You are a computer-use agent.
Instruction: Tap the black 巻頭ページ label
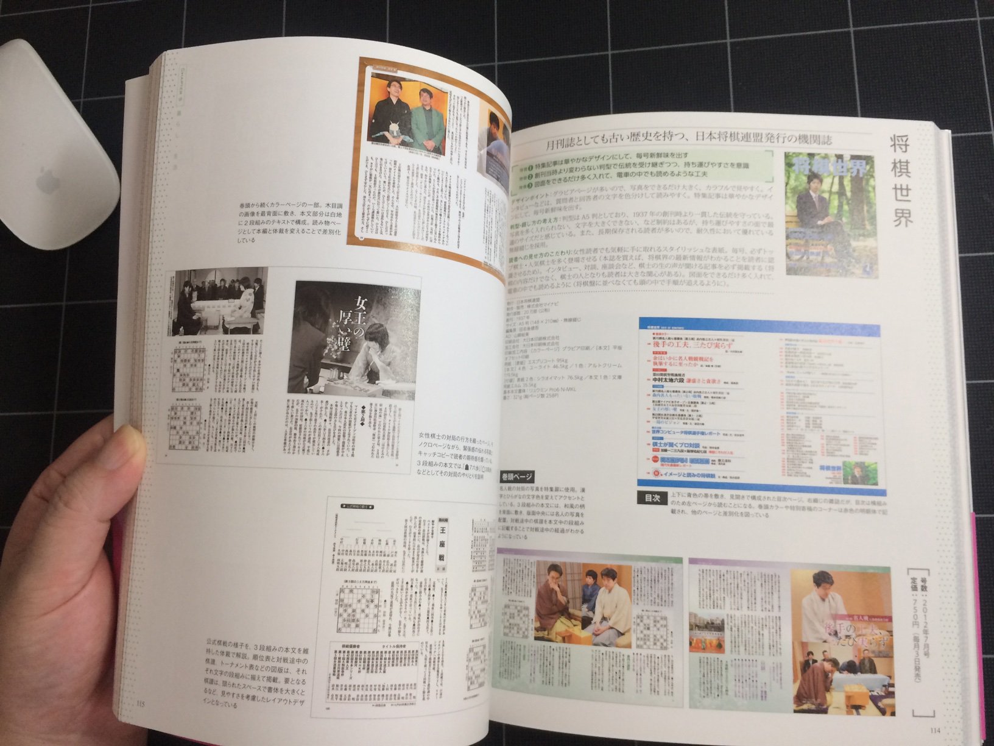pos(516,476)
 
